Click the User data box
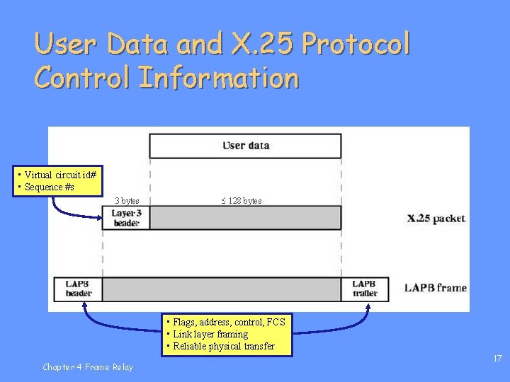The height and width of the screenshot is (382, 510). click(x=245, y=146)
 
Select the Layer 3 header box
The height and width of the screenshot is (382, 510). click(x=127, y=218)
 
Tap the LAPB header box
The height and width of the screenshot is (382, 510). click(x=79, y=289)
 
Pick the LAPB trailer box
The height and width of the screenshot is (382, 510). click(x=365, y=289)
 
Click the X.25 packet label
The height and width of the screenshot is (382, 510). click(x=436, y=218)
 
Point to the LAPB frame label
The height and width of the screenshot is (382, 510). click(x=436, y=288)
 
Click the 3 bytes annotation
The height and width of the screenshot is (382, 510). click(x=127, y=201)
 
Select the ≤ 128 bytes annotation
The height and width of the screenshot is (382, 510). click(x=241, y=201)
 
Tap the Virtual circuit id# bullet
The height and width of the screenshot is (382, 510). click(x=60, y=175)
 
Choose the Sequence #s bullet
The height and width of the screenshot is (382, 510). click(x=49, y=187)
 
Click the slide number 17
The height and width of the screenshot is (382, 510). click(x=497, y=359)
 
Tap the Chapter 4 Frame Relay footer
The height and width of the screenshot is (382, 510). click(x=87, y=366)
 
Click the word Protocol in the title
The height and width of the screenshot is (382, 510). click(x=356, y=45)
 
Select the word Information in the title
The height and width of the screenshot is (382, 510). click(x=220, y=78)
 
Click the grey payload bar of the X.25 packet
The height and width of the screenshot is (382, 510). click(x=245, y=218)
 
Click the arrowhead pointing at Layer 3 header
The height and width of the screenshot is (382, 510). click(x=101, y=217)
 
